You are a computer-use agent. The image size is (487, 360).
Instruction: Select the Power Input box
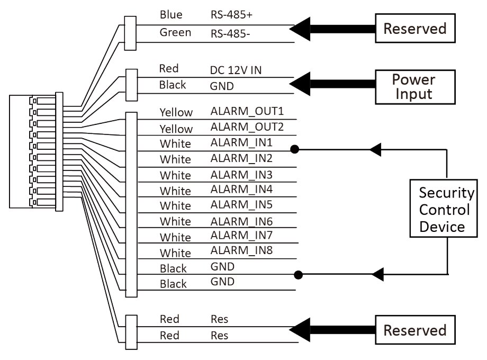point(413,87)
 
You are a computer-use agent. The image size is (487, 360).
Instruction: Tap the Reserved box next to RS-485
point(414,28)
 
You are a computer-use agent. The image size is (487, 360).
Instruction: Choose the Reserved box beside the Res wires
point(414,330)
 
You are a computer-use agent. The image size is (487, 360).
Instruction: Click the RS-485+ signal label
point(231,15)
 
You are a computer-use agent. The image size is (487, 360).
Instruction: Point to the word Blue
point(171,15)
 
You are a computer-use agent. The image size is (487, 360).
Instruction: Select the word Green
point(175,33)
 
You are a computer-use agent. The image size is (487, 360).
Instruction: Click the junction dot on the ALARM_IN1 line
point(295,150)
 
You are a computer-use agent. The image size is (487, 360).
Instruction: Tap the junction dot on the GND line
point(299,275)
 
